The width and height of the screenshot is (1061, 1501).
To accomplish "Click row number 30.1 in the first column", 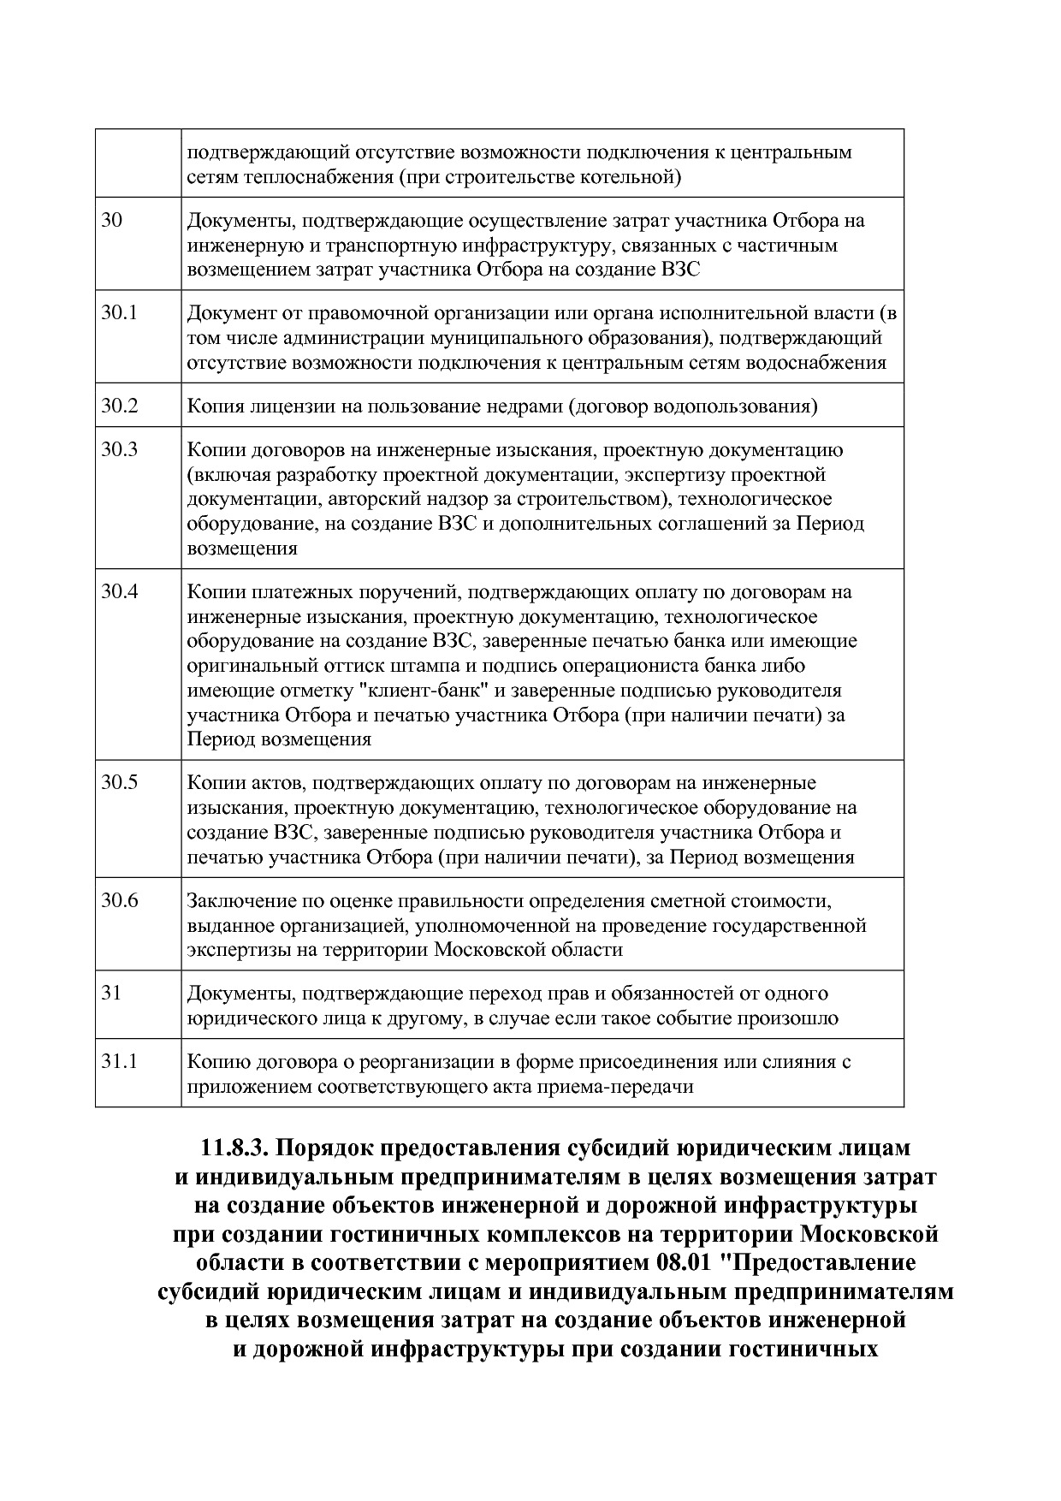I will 119,313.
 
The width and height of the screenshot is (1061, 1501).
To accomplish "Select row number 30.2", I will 119,406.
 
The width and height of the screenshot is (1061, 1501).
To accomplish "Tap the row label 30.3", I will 119,449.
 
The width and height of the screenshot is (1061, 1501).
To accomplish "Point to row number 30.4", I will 119,591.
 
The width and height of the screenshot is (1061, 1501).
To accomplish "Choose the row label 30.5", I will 119,782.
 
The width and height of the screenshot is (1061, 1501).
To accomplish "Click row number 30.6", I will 119,900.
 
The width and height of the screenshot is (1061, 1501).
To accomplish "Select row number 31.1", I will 119,1061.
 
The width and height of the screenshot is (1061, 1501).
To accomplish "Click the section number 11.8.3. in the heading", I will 234,1147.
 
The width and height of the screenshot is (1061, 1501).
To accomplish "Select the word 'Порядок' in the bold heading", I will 324,1147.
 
